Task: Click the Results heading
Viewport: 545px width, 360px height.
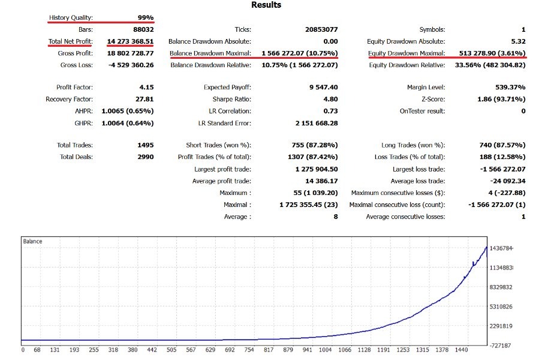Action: point(266,5)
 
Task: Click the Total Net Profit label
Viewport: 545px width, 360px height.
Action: point(71,41)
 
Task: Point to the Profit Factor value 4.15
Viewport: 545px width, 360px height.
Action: point(146,88)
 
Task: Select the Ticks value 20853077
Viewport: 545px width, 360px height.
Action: point(321,29)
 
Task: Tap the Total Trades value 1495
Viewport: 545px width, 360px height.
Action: point(145,145)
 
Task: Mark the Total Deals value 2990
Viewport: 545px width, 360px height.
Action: point(145,157)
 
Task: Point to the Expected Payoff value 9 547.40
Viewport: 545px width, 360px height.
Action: point(319,88)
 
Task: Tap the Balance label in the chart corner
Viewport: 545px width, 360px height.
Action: point(32,241)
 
